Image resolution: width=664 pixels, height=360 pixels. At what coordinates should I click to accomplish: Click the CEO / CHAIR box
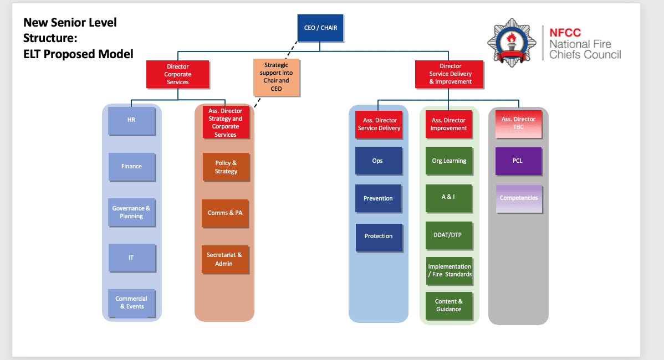click(x=320, y=28)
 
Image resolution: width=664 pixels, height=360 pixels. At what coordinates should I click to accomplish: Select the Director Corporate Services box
click(x=177, y=74)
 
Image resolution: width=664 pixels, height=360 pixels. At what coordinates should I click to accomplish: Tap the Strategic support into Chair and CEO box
click(x=276, y=77)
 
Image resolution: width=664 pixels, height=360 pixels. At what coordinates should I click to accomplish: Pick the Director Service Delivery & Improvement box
click(x=450, y=74)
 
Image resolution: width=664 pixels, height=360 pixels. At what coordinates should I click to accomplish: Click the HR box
click(x=131, y=120)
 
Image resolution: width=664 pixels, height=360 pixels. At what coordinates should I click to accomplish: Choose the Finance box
click(x=131, y=167)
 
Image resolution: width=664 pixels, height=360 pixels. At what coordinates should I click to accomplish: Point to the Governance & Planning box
click(x=131, y=213)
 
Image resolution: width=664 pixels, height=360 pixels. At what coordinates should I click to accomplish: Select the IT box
click(x=131, y=258)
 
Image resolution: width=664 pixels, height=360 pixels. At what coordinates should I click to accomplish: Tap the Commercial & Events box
click(x=131, y=303)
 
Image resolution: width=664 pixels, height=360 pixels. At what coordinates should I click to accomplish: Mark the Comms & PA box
click(x=225, y=213)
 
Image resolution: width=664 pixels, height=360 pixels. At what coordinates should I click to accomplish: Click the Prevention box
click(x=378, y=199)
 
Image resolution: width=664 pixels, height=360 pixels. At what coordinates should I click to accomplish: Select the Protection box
click(x=379, y=236)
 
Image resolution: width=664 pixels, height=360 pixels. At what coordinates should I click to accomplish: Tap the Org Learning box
click(x=449, y=161)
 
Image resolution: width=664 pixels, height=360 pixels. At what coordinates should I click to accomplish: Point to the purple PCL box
click(x=518, y=161)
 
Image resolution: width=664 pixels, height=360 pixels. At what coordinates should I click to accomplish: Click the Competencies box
click(x=519, y=198)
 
